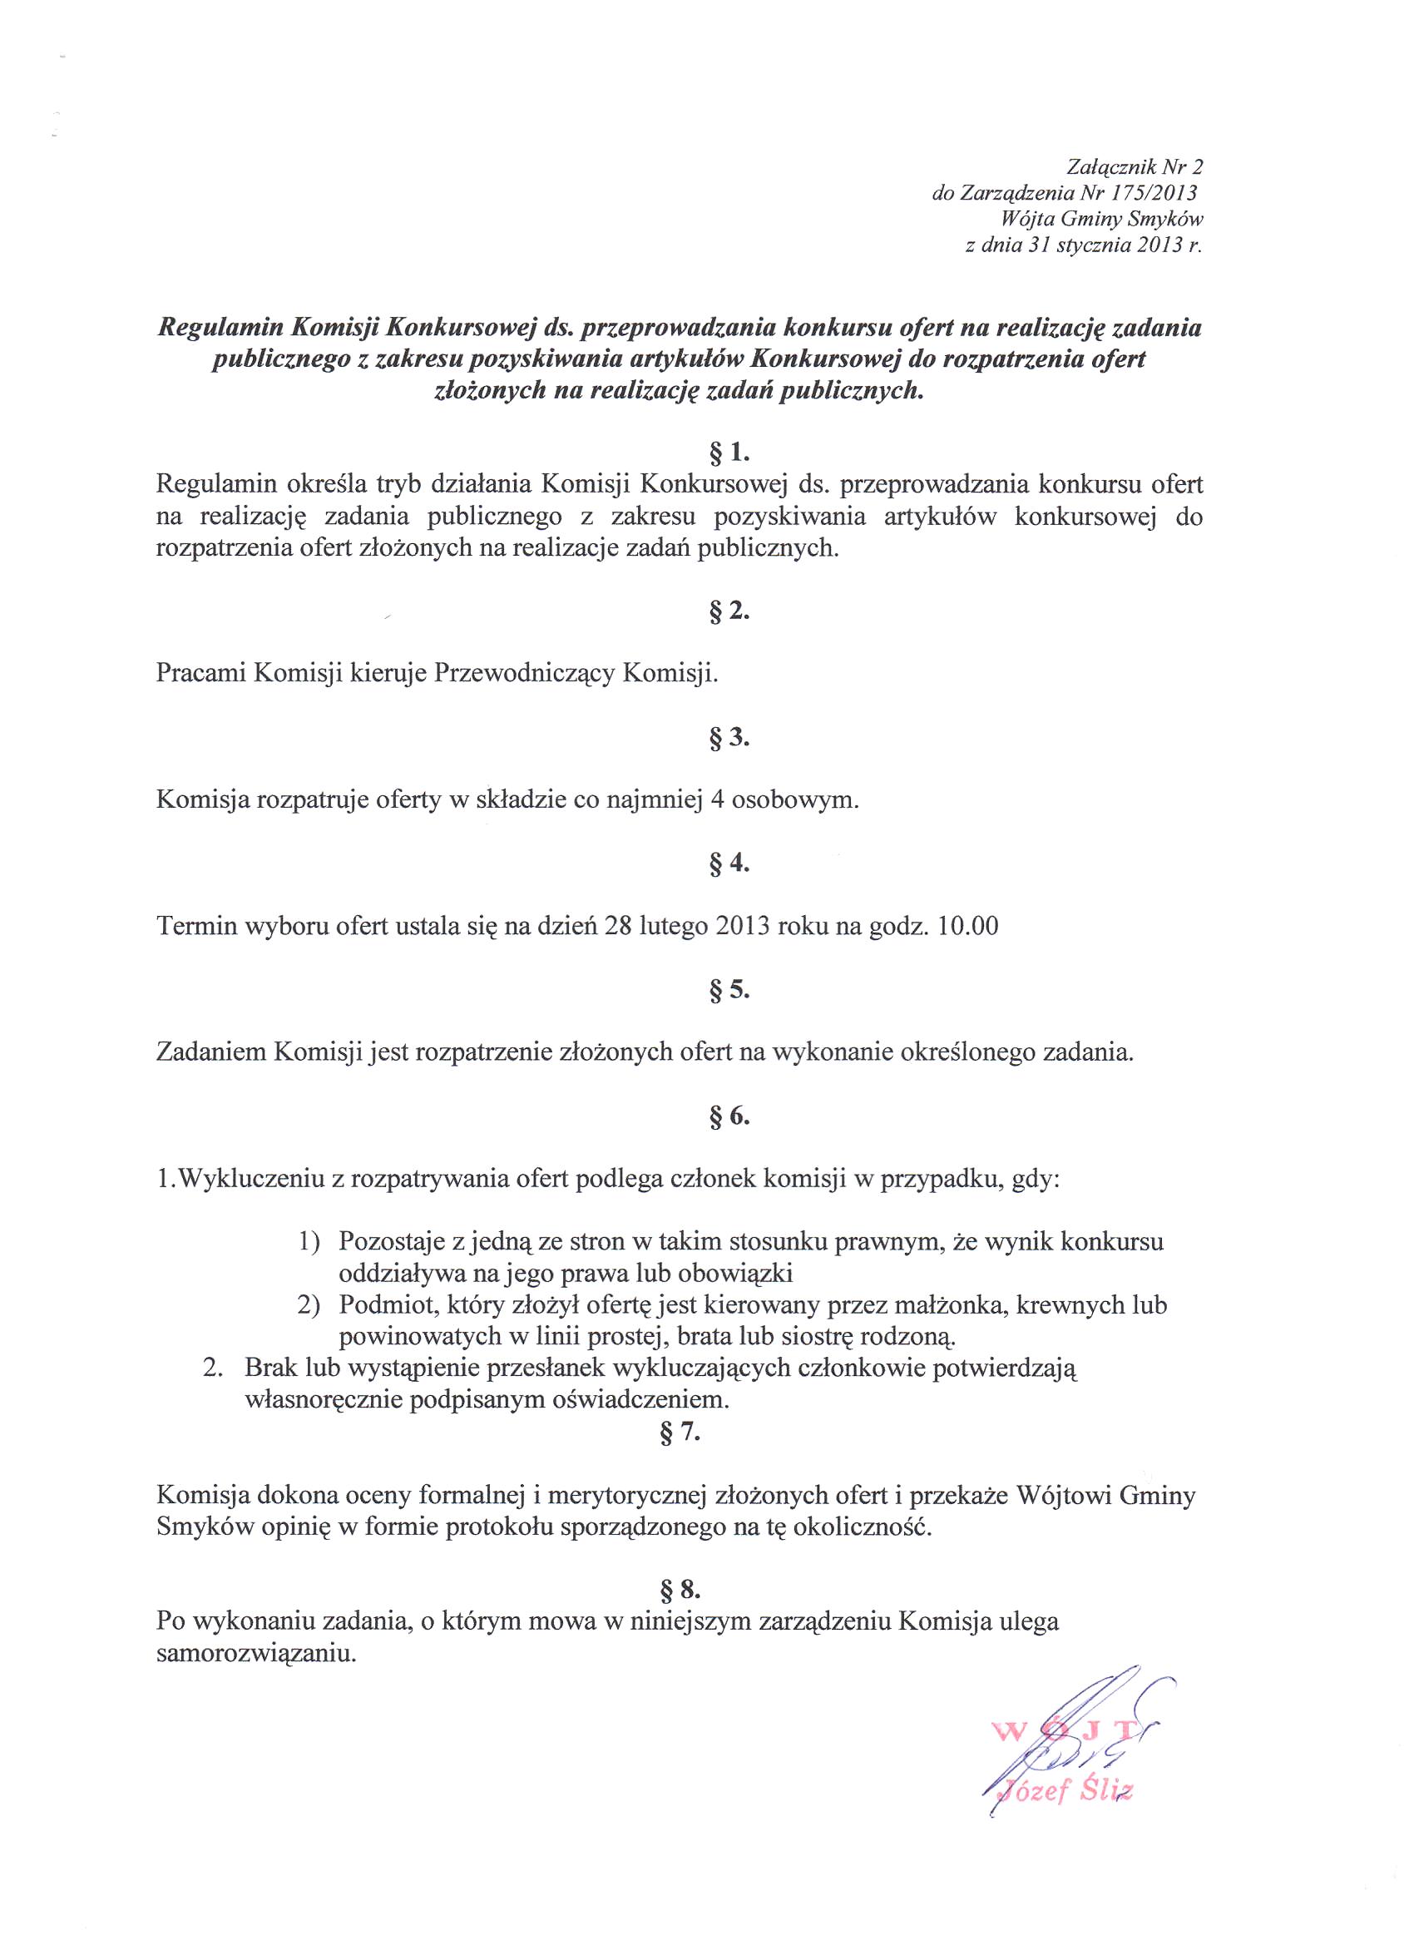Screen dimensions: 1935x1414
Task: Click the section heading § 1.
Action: pyautogui.click(x=729, y=452)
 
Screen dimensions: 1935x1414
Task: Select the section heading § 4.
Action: pyautogui.click(x=729, y=864)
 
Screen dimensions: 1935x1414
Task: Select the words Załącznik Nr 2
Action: pyautogui.click(x=1135, y=167)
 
